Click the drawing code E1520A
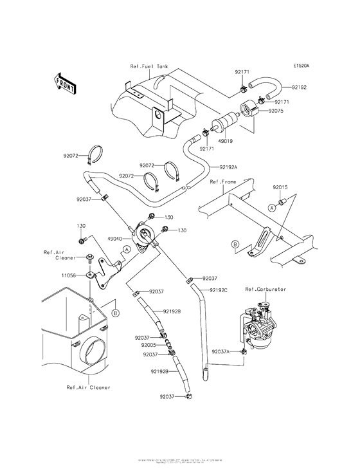[x=301, y=66]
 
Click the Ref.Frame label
[x=222, y=182]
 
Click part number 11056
[x=69, y=275]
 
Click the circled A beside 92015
[x=272, y=208]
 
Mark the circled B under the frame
[x=235, y=245]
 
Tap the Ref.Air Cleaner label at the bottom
[x=88, y=387]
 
